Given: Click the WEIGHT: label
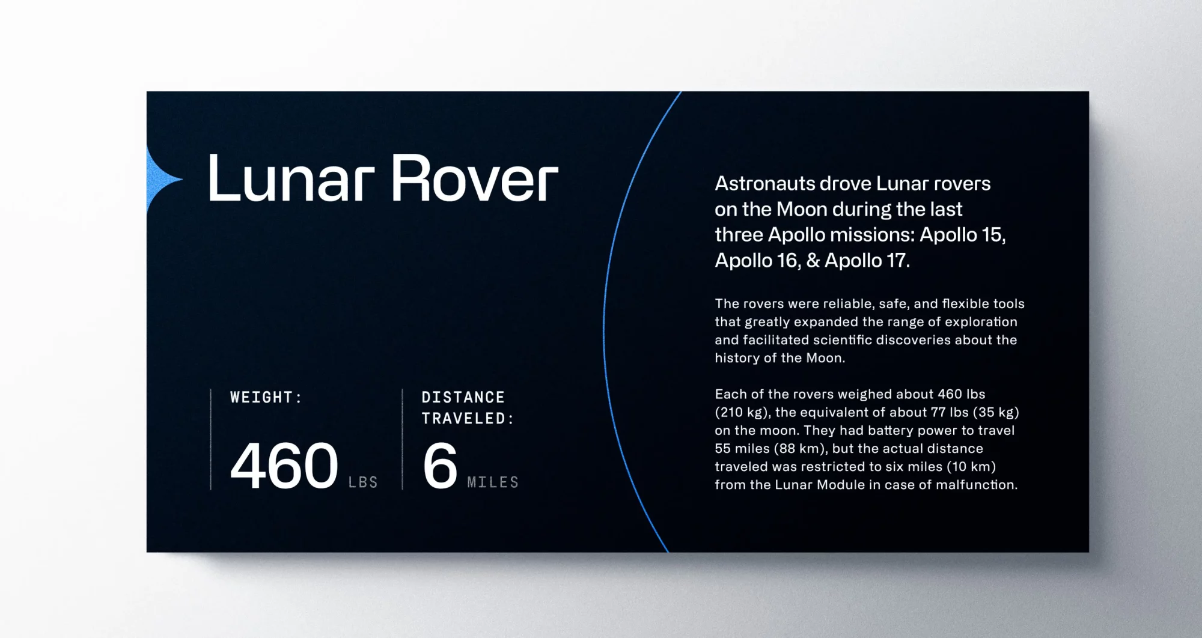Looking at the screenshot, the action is point(266,397).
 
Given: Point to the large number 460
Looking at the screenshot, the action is point(284,466).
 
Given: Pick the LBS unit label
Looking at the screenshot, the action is point(363,482).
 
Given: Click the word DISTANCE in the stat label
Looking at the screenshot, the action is point(463,397).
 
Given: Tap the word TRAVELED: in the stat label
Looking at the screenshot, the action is point(468,418).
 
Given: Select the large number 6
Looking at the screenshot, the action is point(440,466).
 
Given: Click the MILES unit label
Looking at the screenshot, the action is point(493,482).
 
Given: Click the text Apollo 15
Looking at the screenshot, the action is point(962,234).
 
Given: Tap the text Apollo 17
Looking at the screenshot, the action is point(865,260).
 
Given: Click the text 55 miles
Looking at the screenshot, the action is point(742,448).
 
